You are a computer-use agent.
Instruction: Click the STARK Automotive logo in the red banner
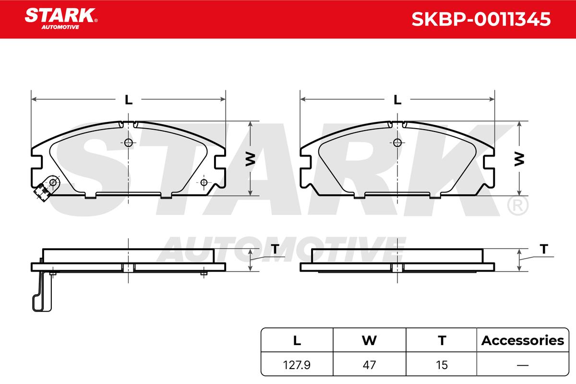coord(61,19)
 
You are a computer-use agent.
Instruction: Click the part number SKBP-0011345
coord(481,19)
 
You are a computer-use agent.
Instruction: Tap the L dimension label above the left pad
coord(129,100)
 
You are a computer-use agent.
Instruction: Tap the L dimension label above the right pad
coord(397,100)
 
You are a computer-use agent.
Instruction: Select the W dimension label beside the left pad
coord(250,159)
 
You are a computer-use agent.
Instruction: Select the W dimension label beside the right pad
coord(519,159)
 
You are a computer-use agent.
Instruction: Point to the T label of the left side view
coord(275,249)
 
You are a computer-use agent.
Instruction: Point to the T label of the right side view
coord(544,249)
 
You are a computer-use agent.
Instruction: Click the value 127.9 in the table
coord(297,365)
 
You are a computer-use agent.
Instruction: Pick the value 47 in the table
coord(369,365)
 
